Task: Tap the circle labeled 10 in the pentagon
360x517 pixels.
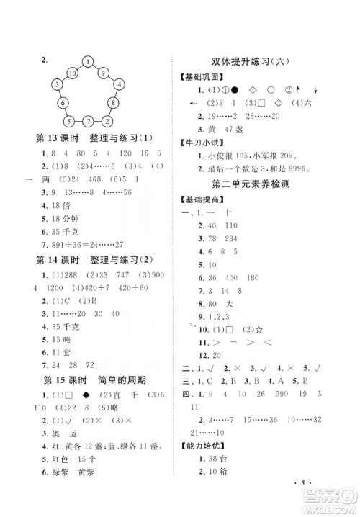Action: click(73, 73)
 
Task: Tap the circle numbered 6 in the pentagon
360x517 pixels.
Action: click(63, 103)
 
